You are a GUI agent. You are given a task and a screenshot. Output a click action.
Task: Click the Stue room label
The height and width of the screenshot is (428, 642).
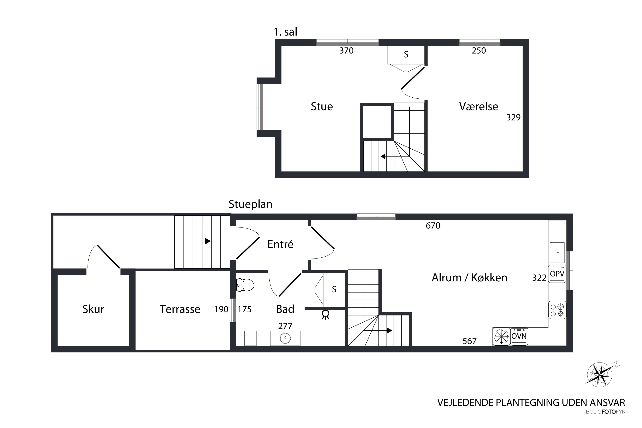[322, 106]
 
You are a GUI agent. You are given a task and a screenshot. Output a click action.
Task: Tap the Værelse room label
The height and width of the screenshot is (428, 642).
[479, 106]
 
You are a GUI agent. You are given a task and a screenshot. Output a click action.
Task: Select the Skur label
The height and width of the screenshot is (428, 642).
[93, 309]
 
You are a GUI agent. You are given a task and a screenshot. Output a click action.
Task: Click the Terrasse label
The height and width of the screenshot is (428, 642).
[180, 309]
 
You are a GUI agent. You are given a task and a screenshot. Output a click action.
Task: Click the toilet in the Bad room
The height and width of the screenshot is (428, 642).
[245, 285]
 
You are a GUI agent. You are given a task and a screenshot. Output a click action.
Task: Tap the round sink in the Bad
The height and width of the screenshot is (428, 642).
[285, 339]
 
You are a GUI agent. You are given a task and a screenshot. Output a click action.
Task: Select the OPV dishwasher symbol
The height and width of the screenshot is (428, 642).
[557, 274]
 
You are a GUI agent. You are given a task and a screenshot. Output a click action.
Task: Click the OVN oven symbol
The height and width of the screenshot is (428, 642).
[519, 336]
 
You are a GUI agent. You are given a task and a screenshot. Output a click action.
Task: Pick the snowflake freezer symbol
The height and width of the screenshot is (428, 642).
[501, 336]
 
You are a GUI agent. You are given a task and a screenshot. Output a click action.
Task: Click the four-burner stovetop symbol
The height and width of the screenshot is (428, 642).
[557, 310]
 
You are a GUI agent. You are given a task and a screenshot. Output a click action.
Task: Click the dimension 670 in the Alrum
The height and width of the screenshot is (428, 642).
[433, 226]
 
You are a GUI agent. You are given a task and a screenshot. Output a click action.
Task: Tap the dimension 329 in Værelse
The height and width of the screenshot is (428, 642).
[513, 117]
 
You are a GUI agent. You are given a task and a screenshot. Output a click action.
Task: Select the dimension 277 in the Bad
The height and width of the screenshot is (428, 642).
[285, 326]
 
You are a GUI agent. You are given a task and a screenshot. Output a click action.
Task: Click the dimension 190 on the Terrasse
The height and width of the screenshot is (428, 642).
[221, 309]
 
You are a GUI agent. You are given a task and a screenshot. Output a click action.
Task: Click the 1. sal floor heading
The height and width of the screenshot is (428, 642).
[285, 32]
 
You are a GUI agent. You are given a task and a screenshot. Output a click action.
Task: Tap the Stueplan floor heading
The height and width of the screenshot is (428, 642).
[251, 204]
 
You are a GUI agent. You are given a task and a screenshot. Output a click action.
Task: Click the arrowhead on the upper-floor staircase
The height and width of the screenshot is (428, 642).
[383, 156]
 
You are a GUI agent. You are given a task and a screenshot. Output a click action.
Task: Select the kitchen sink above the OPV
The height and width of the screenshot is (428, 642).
[557, 253]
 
